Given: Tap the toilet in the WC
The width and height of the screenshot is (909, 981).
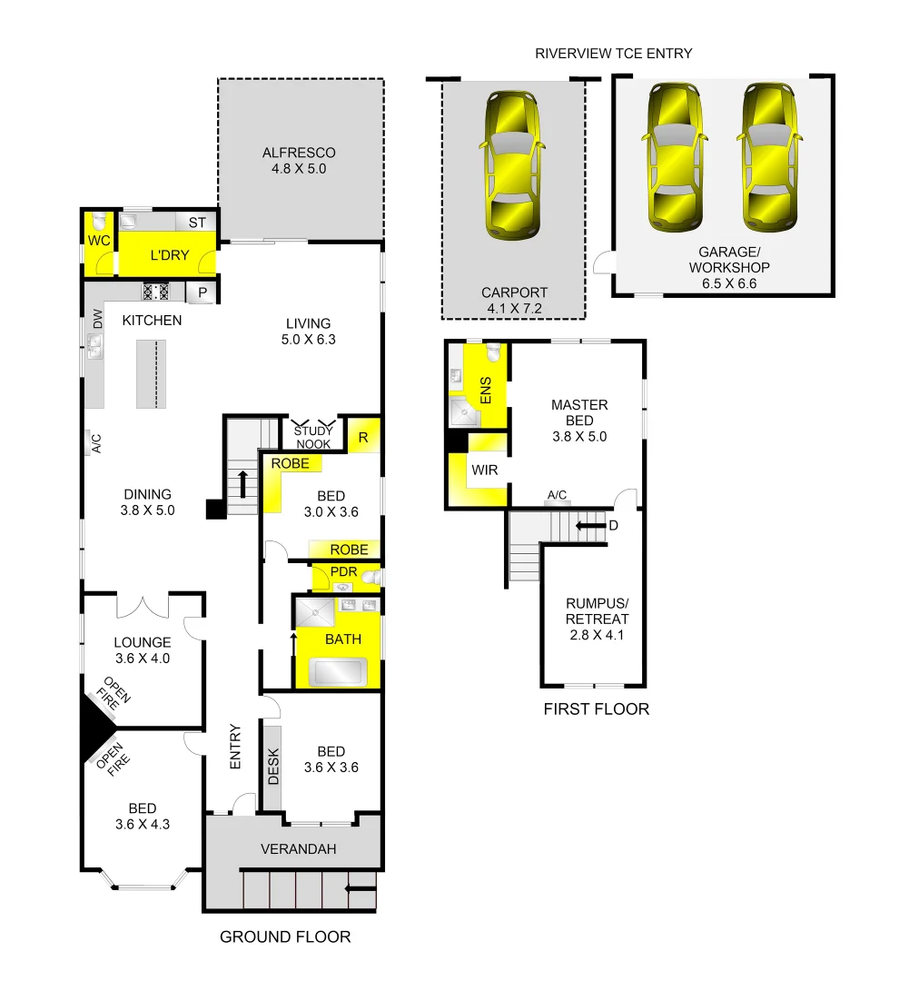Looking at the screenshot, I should click(98, 223).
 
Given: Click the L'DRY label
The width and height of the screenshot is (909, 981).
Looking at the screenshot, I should click(169, 255).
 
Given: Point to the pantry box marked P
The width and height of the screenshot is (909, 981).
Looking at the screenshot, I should click(203, 292).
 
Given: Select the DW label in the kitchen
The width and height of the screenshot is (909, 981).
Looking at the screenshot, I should click(96, 319).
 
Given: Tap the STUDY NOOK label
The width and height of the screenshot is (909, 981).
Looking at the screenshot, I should click(312, 438).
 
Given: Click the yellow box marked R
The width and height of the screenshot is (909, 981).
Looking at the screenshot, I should click(363, 437).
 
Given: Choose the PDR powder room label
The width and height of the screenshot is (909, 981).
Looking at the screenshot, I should click(343, 572).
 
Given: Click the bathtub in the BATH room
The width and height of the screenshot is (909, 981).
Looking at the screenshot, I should click(338, 672).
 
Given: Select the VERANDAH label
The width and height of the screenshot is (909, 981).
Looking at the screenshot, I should click(298, 849).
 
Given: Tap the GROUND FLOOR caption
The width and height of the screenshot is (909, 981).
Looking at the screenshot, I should click(285, 936).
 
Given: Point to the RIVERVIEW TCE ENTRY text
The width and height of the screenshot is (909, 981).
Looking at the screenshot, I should click(614, 54).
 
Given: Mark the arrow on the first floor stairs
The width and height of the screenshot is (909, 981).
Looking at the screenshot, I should click(591, 525).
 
